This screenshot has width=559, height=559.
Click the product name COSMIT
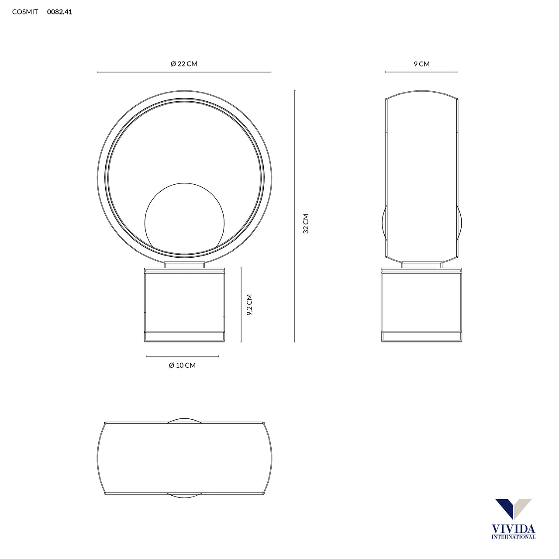point(25,12)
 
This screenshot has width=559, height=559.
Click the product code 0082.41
point(59,12)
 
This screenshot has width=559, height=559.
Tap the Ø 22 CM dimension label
point(184,64)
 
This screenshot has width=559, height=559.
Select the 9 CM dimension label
point(421,64)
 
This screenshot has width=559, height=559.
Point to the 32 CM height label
point(306,224)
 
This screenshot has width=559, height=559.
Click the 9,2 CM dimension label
point(249,304)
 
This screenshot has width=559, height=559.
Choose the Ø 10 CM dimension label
point(182,365)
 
